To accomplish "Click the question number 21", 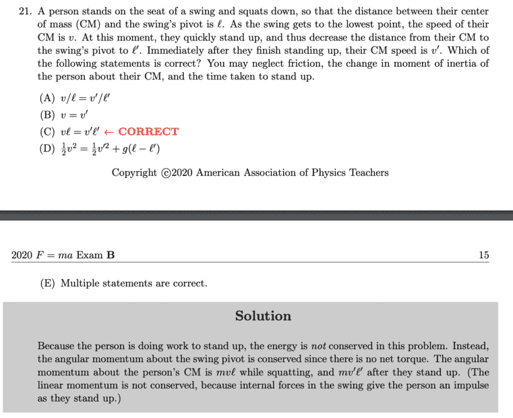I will [x=20, y=11].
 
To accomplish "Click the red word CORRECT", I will [x=148, y=131].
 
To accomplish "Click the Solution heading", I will [x=263, y=316].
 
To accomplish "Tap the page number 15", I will [x=483, y=255].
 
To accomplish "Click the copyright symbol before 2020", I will [x=166, y=173].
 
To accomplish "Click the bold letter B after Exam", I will [x=111, y=255].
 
